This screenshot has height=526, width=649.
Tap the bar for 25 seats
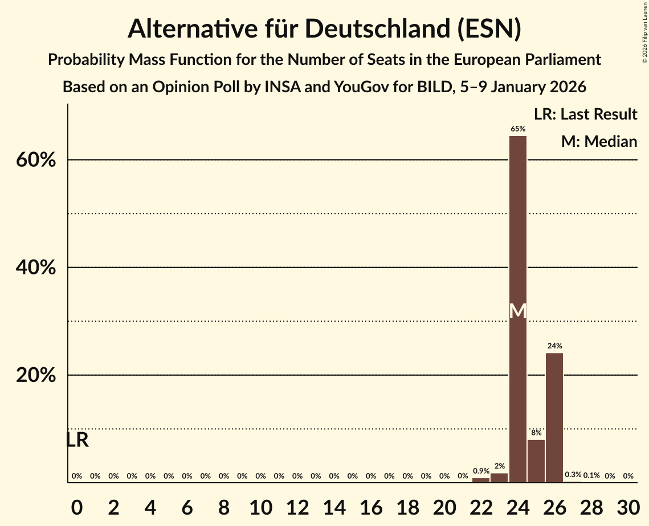point(536,461)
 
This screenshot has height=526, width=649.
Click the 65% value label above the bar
point(517,129)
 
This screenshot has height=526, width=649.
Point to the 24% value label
point(554,346)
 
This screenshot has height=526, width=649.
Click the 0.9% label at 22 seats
point(481,471)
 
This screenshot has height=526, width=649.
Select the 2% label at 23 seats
point(499,467)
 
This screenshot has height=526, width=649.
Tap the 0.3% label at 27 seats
point(573,475)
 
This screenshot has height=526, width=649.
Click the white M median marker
point(517,311)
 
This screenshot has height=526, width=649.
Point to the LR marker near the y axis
point(77,440)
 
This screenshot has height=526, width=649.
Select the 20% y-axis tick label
point(36,376)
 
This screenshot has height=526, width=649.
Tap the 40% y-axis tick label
point(36,268)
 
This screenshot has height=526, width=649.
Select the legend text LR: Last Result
point(585,114)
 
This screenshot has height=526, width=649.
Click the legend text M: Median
point(599,142)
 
